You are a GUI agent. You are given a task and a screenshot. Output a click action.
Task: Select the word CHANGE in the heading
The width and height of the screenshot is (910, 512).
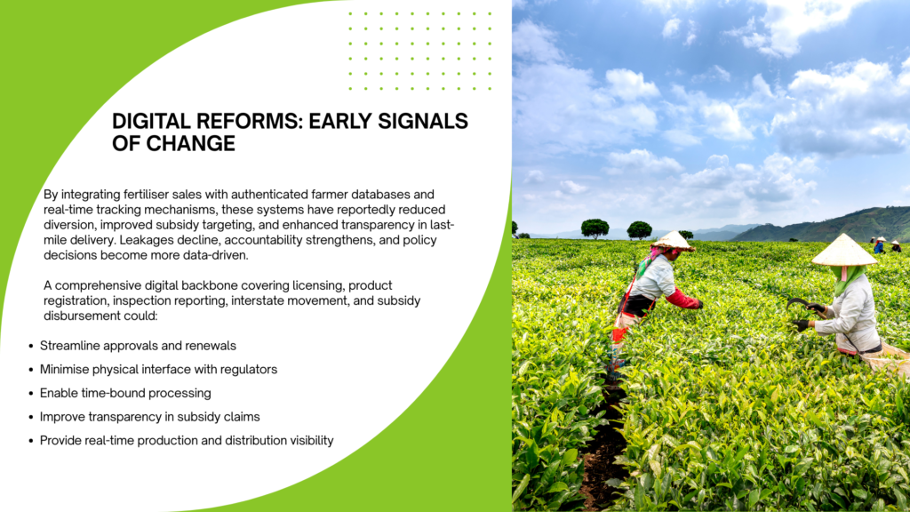[x=190, y=143]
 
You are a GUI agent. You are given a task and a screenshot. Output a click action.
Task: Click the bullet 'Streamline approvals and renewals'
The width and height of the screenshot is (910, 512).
[x=138, y=346]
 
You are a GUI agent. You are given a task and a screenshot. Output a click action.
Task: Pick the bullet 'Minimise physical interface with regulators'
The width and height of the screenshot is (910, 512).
[x=158, y=370]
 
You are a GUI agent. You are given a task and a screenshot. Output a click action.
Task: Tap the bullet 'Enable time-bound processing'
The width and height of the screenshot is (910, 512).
[x=125, y=394]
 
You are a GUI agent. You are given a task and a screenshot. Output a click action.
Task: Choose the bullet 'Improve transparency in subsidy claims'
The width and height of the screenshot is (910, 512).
[x=149, y=417]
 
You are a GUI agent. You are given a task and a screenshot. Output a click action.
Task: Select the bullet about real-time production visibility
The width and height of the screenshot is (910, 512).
[x=187, y=441]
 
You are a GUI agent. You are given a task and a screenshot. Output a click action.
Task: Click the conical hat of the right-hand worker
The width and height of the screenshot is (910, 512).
[x=844, y=251]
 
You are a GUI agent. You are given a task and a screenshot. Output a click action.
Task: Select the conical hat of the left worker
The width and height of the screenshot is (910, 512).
[x=674, y=240]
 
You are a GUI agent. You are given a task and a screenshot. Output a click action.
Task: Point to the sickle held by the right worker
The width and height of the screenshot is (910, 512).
[x=801, y=305]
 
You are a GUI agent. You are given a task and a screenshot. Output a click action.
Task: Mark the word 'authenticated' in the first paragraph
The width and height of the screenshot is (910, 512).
[x=269, y=195]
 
